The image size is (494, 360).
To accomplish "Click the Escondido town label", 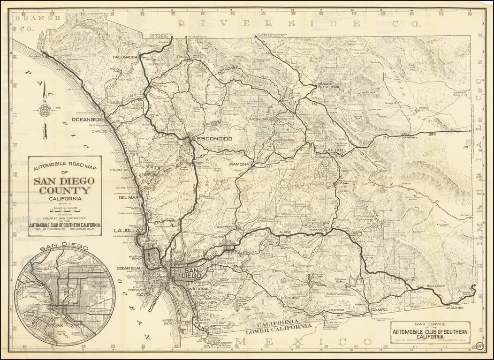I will (213, 139).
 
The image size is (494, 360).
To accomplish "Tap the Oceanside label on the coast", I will (87, 120).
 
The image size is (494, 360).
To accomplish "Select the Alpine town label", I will (285, 232).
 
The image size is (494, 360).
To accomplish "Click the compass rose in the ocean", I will (46, 111).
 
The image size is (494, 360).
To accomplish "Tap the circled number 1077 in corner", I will (479, 347).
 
